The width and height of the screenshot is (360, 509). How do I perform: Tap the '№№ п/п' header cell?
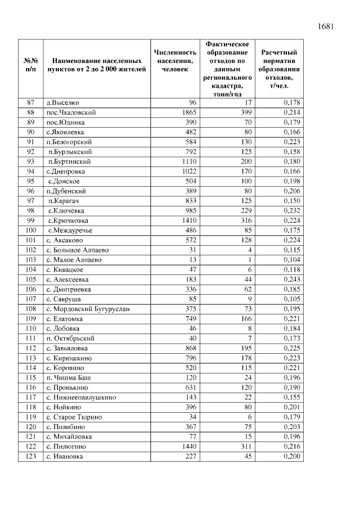click(31, 65)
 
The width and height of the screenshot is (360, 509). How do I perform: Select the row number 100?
click(31, 231)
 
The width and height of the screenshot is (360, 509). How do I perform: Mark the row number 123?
click(31, 456)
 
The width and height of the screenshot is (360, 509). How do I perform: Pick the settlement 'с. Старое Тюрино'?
click(74, 417)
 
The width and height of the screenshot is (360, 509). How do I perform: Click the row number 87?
click(31, 102)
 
